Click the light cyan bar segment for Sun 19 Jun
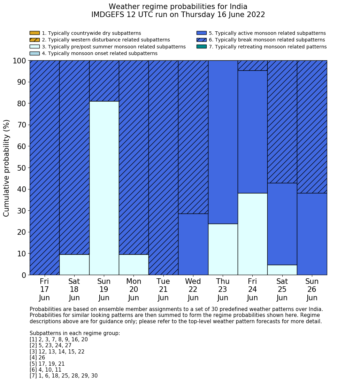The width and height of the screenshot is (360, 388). pyautogui.click(x=104, y=188)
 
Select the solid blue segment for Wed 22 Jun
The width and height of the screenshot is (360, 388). pyautogui.click(x=193, y=244)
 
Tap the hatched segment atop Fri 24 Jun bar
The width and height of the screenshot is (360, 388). pyautogui.click(x=252, y=65)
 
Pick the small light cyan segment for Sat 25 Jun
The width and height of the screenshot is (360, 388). pyautogui.click(x=282, y=270)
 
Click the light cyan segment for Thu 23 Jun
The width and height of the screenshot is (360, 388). pyautogui.click(x=223, y=249)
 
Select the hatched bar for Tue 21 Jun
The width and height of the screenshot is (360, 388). pyautogui.click(x=163, y=168)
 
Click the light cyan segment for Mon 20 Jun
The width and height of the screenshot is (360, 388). pyautogui.click(x=133, y=265)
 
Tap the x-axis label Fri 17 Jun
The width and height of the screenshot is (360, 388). pyautogui.click(x=44, y=289)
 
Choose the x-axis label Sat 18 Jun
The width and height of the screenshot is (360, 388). pyautogui.click(x=74, y=289)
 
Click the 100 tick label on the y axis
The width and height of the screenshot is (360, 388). pyautogui.click(x=20, y=61)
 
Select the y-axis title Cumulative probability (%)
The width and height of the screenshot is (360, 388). pyautogui.click(x=7, y=168)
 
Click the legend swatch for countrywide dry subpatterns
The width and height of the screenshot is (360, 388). pyautogui.click(x=35, y=33)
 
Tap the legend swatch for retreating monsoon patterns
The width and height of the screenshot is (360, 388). pyautogui.click(x=201, y=47)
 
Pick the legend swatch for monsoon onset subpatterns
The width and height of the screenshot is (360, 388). pyautogui.click(x=35, y=53)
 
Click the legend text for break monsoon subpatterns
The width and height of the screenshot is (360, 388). pyautogui.click(x=267, y=40)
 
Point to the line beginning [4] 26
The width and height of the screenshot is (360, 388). pyautogui.click(x=37, y=358)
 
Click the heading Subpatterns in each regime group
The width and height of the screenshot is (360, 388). pyautogui.click(x=75, y=333)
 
